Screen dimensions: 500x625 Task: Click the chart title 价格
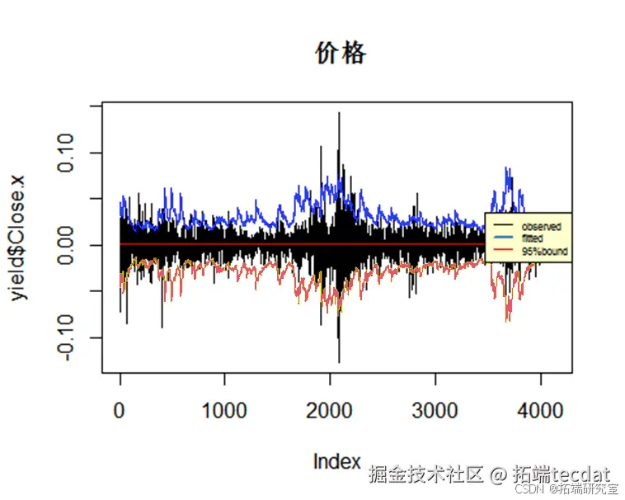(341, 54)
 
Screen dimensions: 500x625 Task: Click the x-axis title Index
(336, 461)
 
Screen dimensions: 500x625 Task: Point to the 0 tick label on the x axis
(120, 409)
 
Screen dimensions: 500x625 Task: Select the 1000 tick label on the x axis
(224, 409)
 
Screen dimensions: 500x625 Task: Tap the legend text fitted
(533, 238)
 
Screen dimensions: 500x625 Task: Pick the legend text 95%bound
(545, 250)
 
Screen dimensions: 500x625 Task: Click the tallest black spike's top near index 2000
(339, 114)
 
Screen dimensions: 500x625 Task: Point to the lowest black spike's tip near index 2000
(339, 361)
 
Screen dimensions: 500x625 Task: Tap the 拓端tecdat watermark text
(561, 474)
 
